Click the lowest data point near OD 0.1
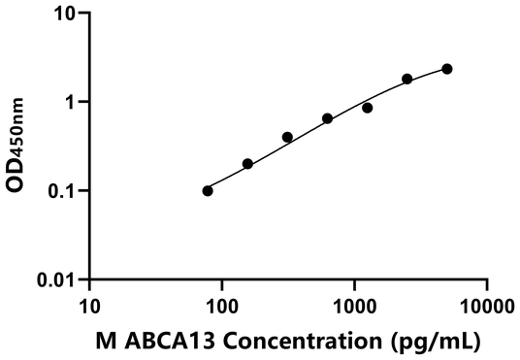click(x=208, y=190)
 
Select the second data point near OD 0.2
click(x=247, y=164)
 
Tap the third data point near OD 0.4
click(x=287, y=137)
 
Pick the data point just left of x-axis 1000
click(x=327, y=118)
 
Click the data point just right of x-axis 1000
click(x=367, y=108)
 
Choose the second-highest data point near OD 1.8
click(x=406, y=79)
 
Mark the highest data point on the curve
click(x=446, y=69)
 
